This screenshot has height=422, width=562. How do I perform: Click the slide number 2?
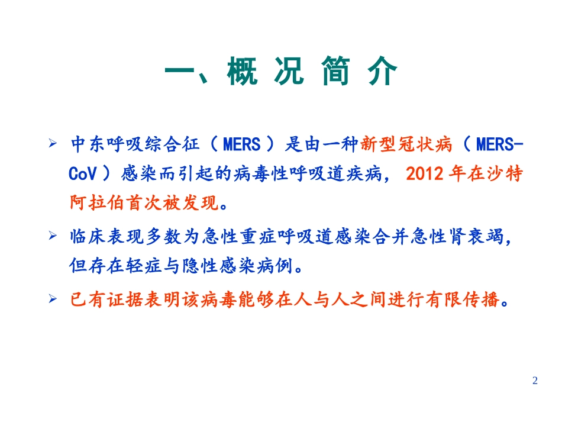point(535,381)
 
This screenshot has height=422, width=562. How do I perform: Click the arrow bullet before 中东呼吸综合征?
point(53,144)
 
